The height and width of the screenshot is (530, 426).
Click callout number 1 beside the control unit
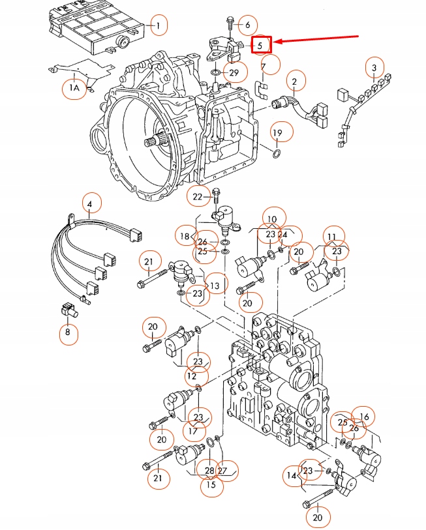[x=157, y=26]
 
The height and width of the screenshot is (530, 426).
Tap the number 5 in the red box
[x=261, y=44]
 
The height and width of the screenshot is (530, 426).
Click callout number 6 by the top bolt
[x=247, y=25]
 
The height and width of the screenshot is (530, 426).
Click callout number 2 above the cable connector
[x=295, y=81]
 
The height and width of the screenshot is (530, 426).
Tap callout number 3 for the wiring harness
[x=374, y=67]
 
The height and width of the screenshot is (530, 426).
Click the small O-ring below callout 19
[x=277, y=155]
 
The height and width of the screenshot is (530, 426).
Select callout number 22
[x=198, y=196]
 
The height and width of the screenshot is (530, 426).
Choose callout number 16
[x=363, y=417]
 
